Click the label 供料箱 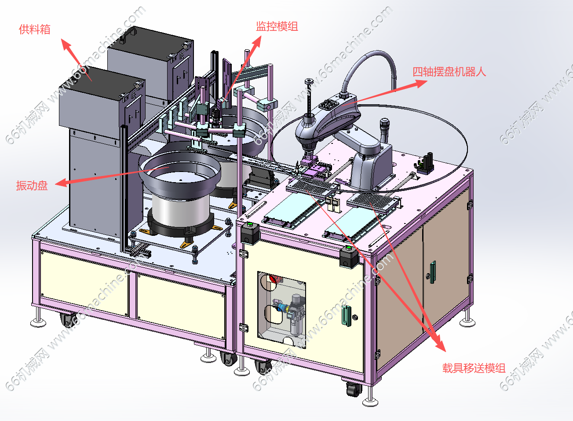click(x=35, y=29)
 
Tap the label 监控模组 click(x=277, y=26)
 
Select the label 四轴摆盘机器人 click(x=449, y=72)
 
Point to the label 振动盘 click(x=32, y=186)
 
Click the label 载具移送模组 click(x=474, y=368)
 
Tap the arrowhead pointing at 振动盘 click(x=61, y=183)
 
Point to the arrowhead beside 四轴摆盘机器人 click(x=421, y=84)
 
